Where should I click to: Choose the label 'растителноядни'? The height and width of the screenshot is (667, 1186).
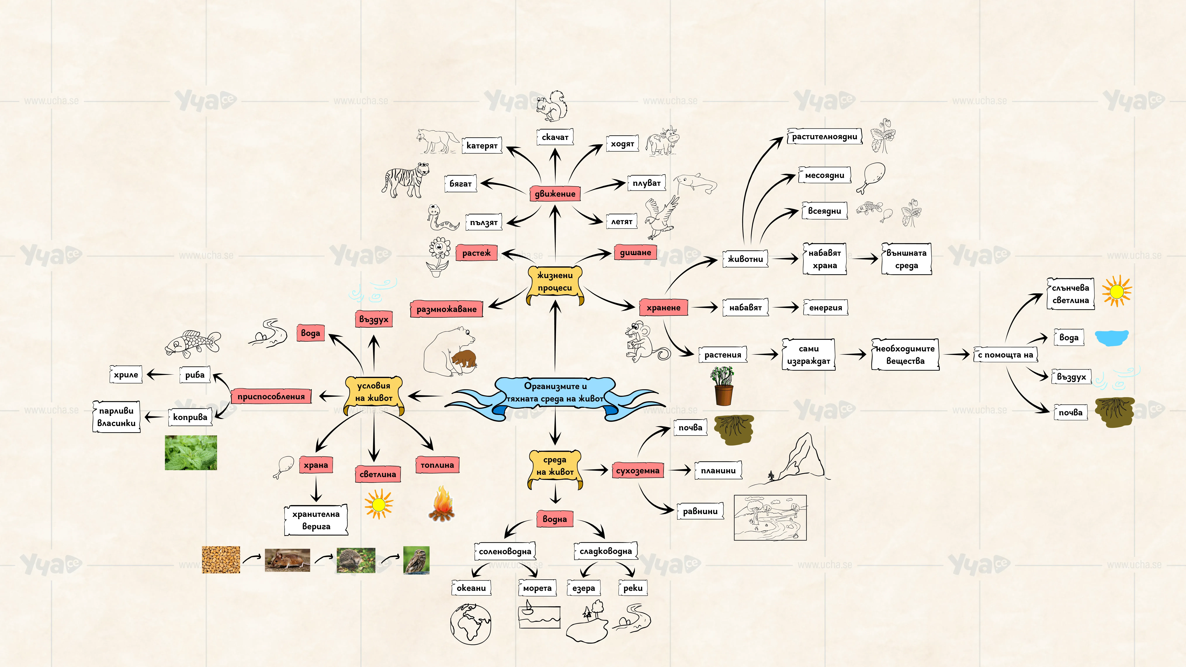pos(824,136)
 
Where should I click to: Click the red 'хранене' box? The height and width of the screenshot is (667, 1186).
pos(663,308)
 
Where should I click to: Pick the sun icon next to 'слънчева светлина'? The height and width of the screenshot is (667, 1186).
pos(1116,291)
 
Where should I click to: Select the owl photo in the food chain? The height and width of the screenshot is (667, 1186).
pos(416,560)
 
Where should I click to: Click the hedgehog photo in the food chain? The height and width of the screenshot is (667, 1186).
pos(356,560)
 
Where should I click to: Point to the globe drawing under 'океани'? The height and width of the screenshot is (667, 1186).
pos(471,624)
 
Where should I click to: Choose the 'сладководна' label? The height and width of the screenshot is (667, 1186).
pos(605,551)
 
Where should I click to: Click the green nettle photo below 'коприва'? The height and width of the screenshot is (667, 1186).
pos(191,453)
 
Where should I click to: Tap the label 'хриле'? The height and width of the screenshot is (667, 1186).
pos(126,375)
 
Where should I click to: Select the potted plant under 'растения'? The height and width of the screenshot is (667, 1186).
pos(723,386)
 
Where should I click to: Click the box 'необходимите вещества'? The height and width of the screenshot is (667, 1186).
pos(905,354)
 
